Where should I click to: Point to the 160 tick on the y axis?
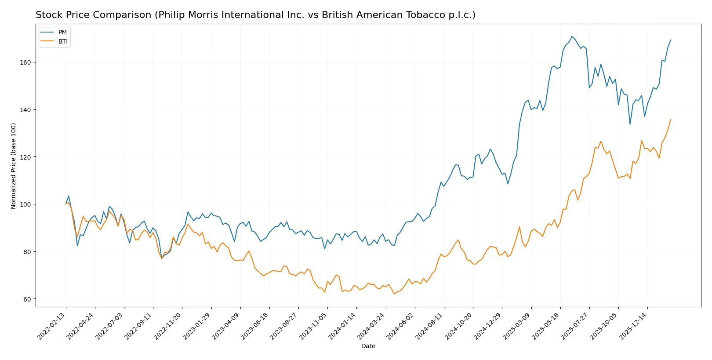click(25, 62)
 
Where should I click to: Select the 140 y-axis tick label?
click(25, 110)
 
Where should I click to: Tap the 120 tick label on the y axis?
click(25, 157)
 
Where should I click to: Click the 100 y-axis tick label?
click(25, 204)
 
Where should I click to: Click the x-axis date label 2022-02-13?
click(52, 326)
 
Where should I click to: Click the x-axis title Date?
click(368, 346)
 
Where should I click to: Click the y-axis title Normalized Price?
click(14, 166)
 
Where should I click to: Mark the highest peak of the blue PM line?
click(572, 36)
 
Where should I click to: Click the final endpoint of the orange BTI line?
click(671, 119)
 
